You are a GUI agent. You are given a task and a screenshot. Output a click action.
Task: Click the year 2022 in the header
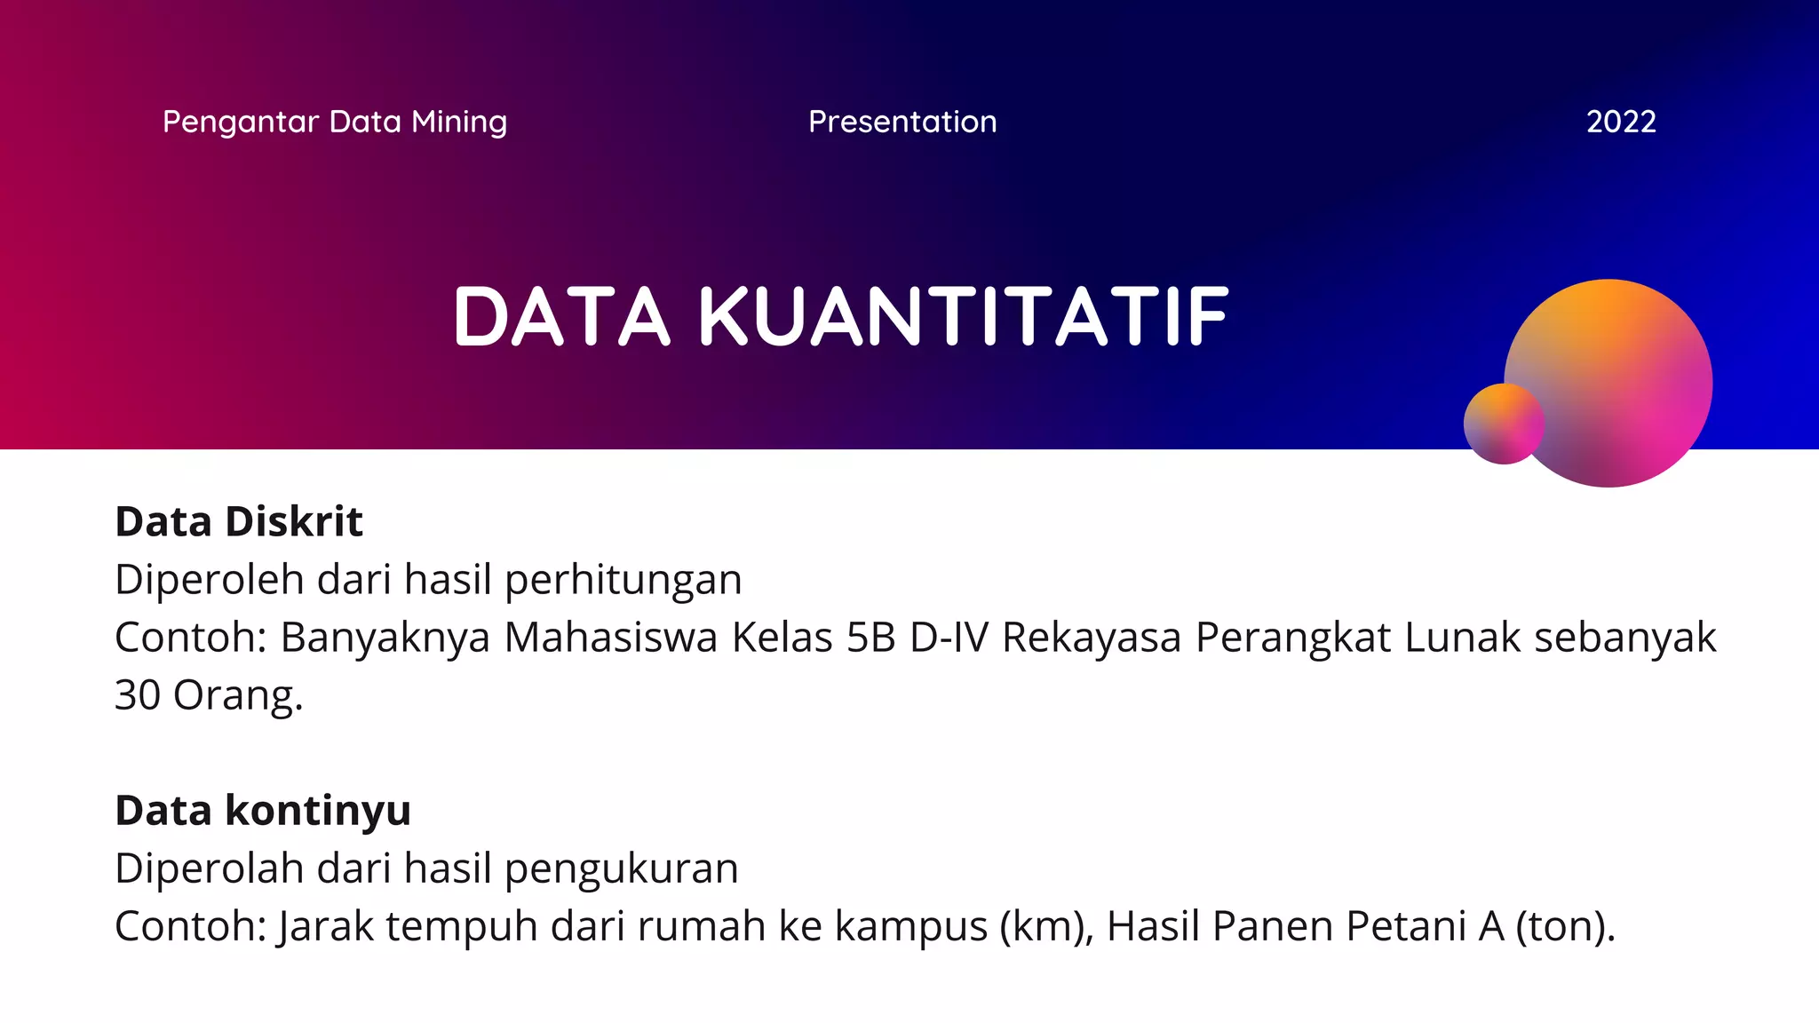[1621, 122]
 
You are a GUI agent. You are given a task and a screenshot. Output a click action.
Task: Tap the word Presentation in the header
[902, 122]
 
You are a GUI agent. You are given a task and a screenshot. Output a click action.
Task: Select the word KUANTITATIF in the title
[964, 316]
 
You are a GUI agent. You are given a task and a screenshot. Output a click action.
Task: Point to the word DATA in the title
[561, 316]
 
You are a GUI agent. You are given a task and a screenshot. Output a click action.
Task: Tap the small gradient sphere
[1502, 424]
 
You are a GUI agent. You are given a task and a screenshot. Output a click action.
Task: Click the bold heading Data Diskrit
[239, 521]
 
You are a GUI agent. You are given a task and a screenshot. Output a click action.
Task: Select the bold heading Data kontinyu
[263, 810]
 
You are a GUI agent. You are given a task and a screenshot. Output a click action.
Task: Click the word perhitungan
[623, 580]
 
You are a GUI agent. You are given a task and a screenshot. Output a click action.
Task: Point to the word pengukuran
[621, 868]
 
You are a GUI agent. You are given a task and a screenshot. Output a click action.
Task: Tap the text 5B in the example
[870, 638]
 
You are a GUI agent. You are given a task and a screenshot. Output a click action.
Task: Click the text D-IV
[949, 638]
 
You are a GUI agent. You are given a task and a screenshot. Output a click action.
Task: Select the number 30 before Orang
[138, 695]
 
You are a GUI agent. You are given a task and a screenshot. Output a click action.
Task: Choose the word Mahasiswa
[610, 638]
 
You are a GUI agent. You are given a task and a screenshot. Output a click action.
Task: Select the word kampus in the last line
[910, 926]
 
